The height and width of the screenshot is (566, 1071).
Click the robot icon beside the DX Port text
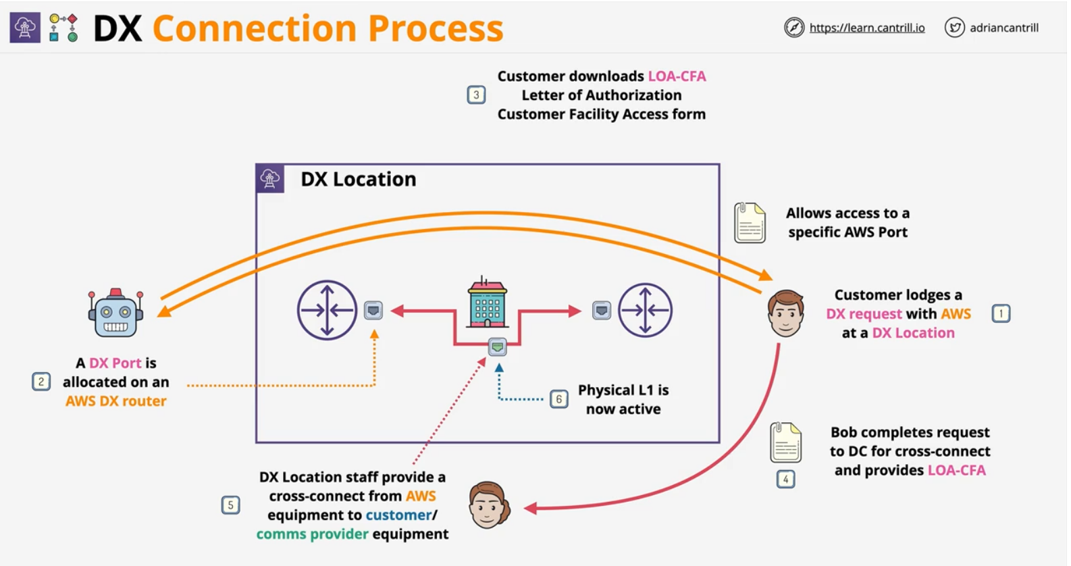coord(115,314)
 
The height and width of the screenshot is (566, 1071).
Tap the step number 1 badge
coord(1001,313)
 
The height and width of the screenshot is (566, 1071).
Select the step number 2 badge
coord(41,382)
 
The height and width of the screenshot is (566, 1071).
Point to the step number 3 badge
coord(476,95)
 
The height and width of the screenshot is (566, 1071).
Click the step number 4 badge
coord(785,479)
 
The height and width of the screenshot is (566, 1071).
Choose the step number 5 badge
coord(230,505)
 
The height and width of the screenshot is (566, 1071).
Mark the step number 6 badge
coord(558,399)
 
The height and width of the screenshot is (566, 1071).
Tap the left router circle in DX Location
coord(328,311)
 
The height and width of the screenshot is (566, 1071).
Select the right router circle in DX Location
coord(646,311)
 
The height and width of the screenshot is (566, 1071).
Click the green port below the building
coord(498,347)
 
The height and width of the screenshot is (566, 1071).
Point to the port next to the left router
coord(373,310)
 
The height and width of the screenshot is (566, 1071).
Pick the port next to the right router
coord(602,310)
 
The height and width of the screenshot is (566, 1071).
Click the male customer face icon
coord(785,313)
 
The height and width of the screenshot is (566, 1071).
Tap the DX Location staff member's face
coord(489,505)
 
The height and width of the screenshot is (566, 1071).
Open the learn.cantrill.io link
coord(867,28)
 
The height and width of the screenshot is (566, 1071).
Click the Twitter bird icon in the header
coord(954,28)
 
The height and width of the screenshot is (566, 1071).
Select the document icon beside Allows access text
coord(750,223)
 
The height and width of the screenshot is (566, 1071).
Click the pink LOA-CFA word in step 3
coord(677,76)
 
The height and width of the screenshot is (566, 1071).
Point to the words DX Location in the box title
coord(359,179)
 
